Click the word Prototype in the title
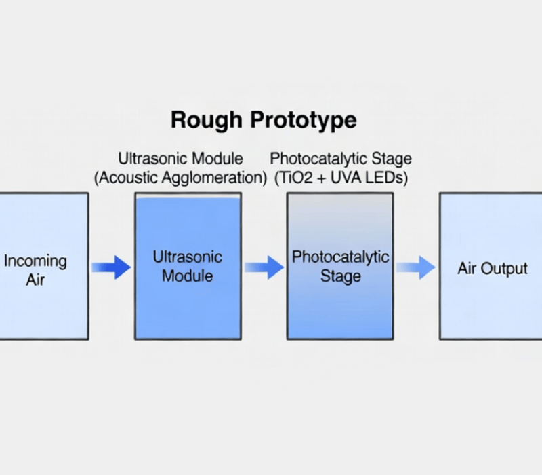click(x=304, y=121)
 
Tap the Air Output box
click(x=491, y=266)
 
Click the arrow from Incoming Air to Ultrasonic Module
click(x=111, y=267)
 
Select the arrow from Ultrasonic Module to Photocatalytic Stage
click(x=264, y=267)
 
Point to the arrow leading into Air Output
click(x=415, y=267)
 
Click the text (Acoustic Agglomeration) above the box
click(x=180, y=178)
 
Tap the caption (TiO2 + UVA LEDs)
click(x=341, y=178)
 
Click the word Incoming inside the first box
click(x=35, y=261)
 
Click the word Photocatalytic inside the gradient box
click(x=340, y=258)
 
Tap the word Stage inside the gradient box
click(x=340, y=278)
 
